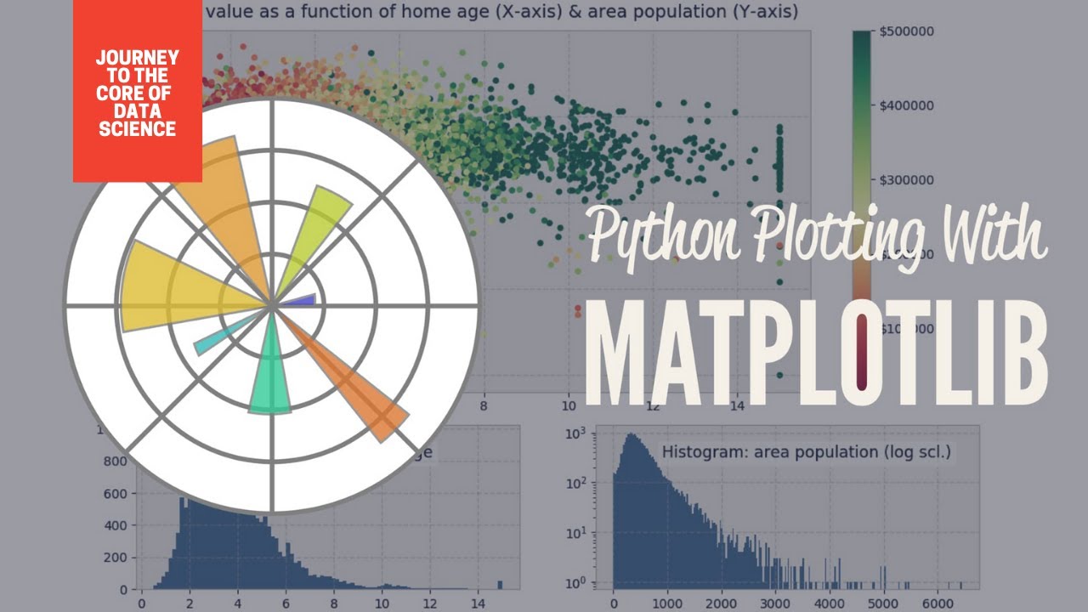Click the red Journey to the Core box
click(137, 92)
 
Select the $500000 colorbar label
click(907, 31)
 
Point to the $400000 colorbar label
click(907, 105)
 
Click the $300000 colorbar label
click(907, 179)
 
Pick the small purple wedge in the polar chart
click(299, 300)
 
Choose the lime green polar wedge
click(314, 229)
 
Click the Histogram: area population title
click(806, 451)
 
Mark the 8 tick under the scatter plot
click(484, 406)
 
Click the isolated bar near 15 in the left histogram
click(500, 584)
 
